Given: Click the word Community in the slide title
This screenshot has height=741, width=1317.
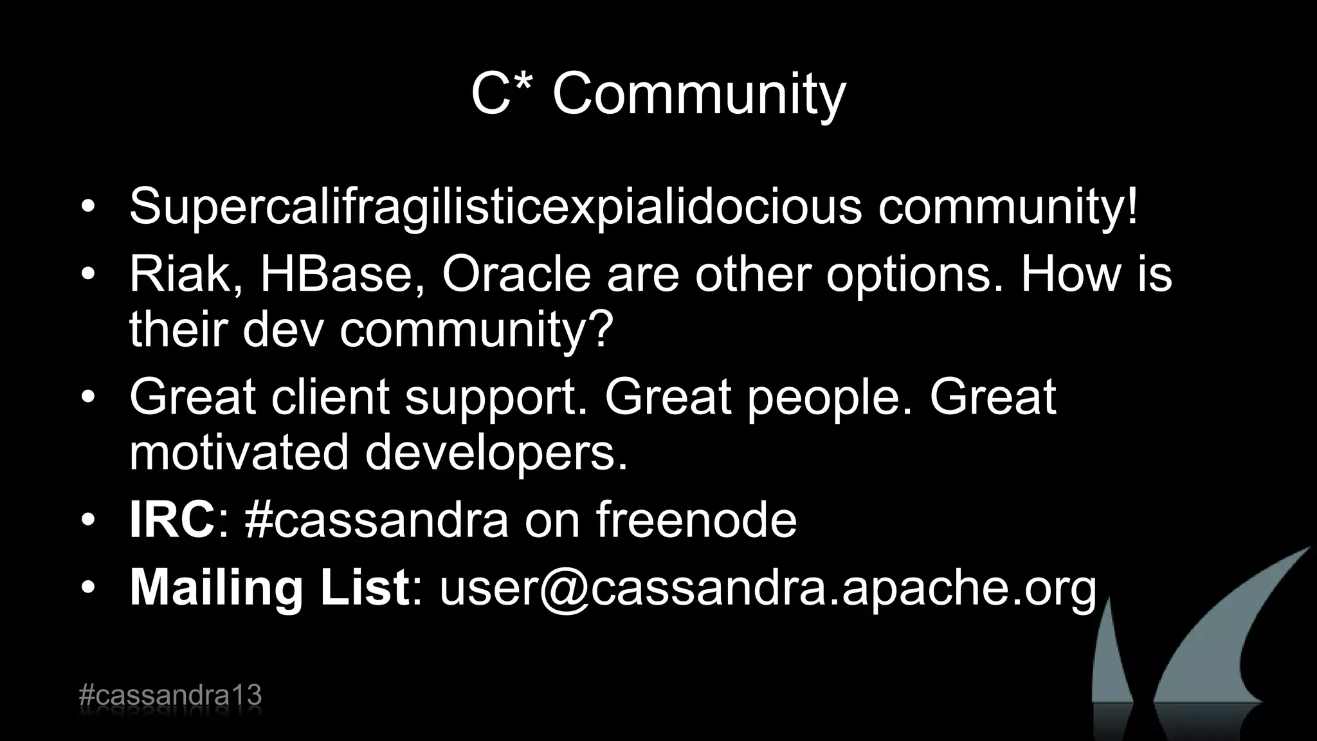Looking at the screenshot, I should click(x=699, y=95).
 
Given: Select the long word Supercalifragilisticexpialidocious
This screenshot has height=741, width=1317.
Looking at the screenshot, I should click(x=495, y=207).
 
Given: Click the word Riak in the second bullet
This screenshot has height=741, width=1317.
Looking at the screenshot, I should click(x=186, y=274).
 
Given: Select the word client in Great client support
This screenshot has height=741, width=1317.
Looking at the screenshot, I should click(x=330, y=397).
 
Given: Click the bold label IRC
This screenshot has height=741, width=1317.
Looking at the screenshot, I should click(x=172, y=520).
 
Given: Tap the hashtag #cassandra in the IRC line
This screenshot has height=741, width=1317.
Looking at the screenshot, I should click(x=377, y=520).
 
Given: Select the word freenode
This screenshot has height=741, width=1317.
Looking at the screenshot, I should click(x=696, y=520).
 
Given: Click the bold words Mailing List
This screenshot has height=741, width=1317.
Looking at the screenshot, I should click(x=269, y=588).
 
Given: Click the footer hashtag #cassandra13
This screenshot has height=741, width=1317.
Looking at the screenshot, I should click(x=170, y=696).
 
